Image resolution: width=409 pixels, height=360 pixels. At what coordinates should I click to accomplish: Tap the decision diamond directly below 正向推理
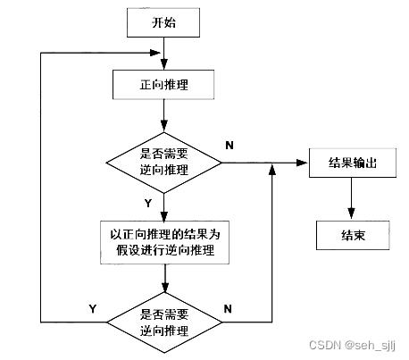[163, 163]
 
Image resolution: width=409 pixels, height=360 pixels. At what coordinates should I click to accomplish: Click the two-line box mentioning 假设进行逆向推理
[163, 241]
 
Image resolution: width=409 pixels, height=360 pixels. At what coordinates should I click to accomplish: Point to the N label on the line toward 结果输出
[230, 145]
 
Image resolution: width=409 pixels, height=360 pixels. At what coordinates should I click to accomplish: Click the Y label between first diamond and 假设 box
[146, 203]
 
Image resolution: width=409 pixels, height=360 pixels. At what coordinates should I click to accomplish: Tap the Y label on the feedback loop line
[92, 307]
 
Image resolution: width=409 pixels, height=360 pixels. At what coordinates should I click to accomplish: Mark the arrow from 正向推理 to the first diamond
[163, 116]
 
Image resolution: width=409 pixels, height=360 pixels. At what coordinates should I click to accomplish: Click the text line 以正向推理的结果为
[163, 233]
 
